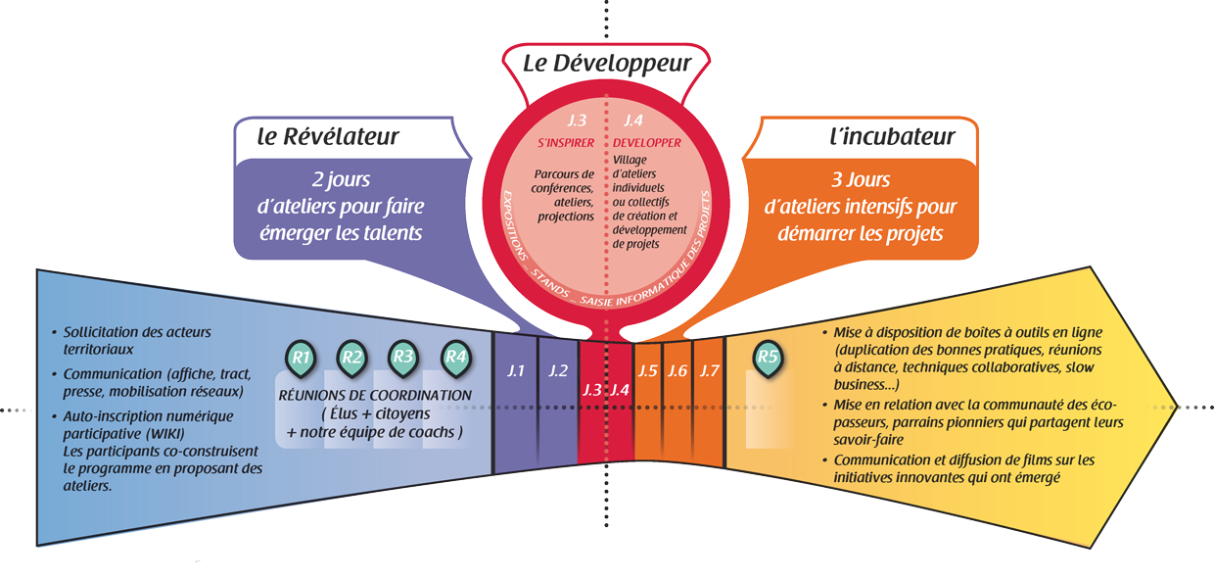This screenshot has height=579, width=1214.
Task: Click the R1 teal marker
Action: pos(302,359)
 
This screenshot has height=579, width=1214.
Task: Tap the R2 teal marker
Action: pos(352,359)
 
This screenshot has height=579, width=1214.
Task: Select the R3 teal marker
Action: pos(402,359)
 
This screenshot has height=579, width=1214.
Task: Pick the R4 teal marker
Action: pos(455,359)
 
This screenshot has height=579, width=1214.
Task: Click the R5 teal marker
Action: pos(768,359)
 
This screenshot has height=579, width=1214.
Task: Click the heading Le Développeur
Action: pos(607,65)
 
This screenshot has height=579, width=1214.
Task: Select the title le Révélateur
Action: pos(328,137)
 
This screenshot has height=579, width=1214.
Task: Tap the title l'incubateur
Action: pos(885,137)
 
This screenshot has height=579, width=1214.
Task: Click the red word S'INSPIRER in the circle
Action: pos(567,143)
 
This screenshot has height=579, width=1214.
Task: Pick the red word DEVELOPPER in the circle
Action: pos(647,143)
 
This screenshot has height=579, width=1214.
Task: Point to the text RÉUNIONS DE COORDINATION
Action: pos(376,395)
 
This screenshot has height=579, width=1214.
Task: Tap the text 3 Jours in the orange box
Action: pos(861,181)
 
